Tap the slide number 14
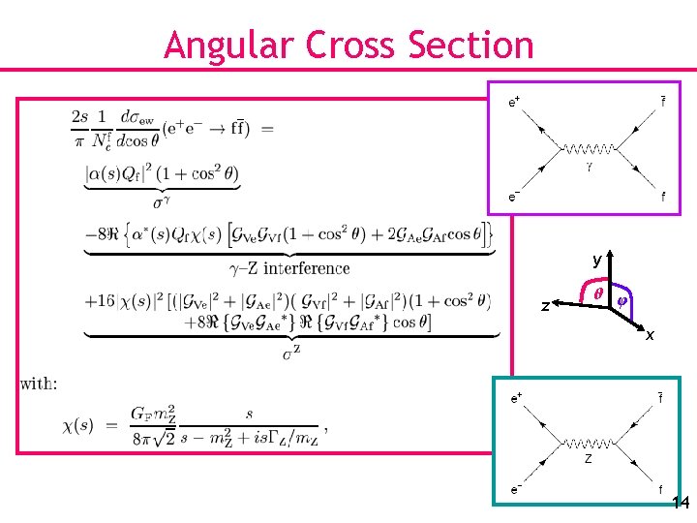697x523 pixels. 680,503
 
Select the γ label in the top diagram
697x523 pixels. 588,166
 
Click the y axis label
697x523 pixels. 597,261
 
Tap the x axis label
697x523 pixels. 650,335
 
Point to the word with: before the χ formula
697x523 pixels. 39,384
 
